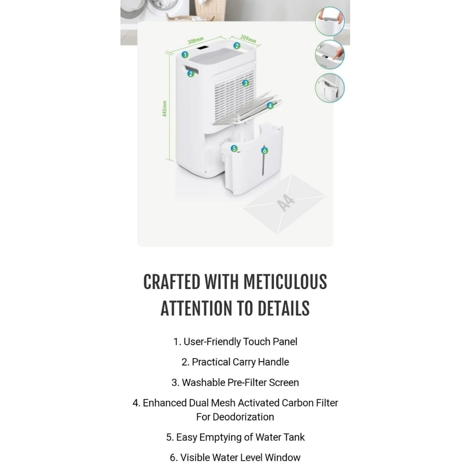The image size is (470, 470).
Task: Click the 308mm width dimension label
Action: [196, 41]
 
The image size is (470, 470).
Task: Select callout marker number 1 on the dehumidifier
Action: [185, 55]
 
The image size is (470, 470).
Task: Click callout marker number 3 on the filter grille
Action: [245, 83]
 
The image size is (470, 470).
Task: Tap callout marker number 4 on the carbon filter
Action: [270, 105]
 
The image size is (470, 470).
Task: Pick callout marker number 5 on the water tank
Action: [234, 148]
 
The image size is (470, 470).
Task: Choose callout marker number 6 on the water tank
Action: [264, 151]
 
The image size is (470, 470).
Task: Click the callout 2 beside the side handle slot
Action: [190, 74]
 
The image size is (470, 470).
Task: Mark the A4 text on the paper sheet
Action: [286, 203]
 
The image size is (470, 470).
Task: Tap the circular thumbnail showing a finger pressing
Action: [329, 54]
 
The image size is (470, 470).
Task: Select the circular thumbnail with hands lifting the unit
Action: [329, 21]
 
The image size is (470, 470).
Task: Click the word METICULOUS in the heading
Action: [285, 282]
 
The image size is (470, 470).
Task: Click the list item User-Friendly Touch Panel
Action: [235, 342]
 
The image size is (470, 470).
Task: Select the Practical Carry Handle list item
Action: [235, 362]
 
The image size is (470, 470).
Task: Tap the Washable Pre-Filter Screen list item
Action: [235, 383]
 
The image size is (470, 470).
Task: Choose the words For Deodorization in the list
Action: [235, 416]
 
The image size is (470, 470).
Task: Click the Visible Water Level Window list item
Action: [235, 457]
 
